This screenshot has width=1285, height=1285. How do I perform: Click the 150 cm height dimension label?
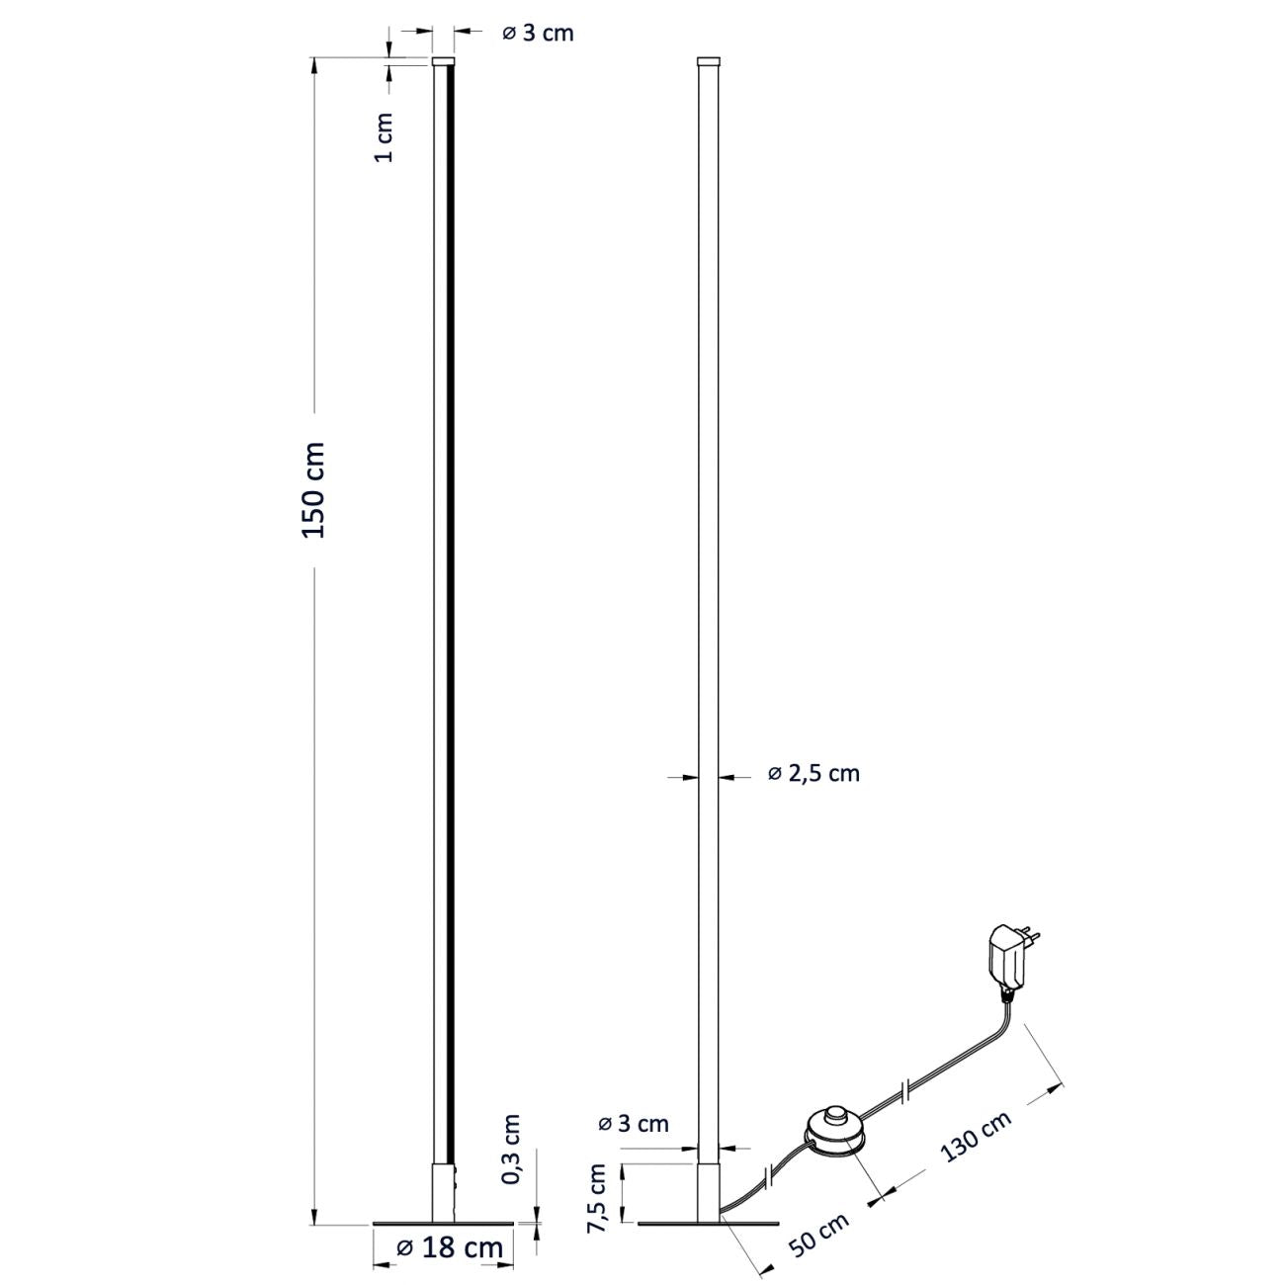point(314,490)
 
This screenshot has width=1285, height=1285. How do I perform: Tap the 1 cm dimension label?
point(385,138)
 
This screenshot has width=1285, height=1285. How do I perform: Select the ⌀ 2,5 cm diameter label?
point(814,773)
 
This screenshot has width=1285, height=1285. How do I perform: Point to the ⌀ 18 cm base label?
point(450,1247)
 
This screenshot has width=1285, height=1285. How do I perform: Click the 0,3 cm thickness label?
point(511,1149)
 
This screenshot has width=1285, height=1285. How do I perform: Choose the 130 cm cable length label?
point(976,1136)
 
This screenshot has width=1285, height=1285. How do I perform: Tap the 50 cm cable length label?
point(819,1236)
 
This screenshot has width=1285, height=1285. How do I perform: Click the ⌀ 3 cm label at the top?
point(538,33)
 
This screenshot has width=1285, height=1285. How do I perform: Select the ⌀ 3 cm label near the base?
point(634,1123)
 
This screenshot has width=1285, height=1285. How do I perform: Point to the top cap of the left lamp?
point(444,60)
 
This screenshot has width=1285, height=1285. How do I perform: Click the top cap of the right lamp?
point(708,60)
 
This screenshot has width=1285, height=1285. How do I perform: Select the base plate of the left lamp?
point(444,1225)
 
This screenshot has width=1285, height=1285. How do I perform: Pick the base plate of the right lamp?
point(708,1225)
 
